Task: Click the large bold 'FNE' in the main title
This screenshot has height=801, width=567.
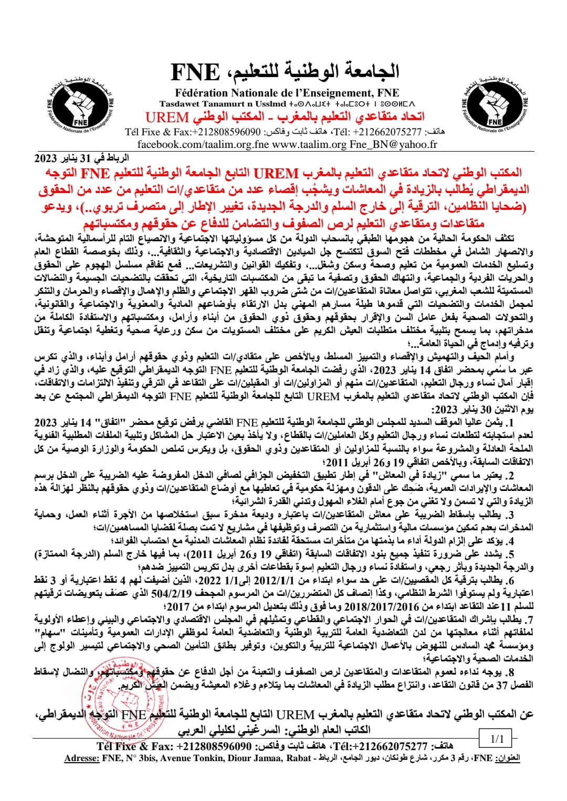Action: click(x=195, y=72)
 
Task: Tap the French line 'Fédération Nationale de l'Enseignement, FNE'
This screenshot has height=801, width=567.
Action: click(x=287, y=93)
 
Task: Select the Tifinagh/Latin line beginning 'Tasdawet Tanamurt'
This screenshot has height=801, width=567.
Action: click(x=287, y=104)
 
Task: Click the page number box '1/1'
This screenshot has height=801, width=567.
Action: click(x=496, y=739)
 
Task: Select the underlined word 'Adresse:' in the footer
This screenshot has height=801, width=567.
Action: click(x=82, y=758)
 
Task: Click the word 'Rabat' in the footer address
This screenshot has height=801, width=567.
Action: click(x=299, y=758)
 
